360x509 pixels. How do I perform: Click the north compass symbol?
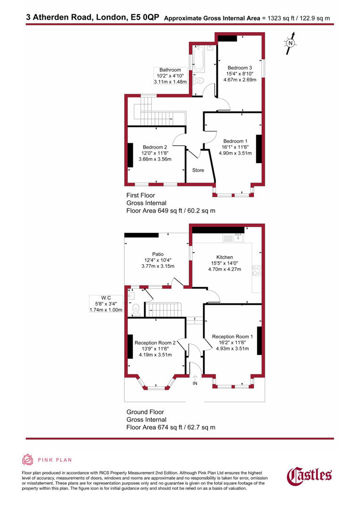(291, 43)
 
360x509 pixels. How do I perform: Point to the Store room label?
(198, 170)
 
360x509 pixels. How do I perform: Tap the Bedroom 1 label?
(235, 141)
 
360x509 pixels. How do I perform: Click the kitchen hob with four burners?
(257, 271)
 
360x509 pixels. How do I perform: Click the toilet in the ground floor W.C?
(136, 309)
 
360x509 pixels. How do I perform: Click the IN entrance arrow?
(195, 378)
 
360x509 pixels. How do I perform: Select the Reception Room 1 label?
(232, 337)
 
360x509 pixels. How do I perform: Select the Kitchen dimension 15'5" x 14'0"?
(224, 263)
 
